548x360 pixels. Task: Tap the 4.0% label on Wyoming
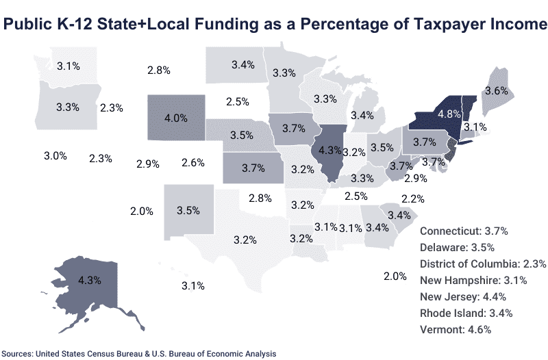pos(176,118)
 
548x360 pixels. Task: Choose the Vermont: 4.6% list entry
pos(455,330)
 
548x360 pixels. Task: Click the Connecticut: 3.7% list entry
pos(463,231)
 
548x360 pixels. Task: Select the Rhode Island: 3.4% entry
pos(466,313)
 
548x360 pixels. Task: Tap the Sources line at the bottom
pos(143,353)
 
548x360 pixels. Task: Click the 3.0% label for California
pos(55,156)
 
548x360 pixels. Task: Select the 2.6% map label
pos(193,162)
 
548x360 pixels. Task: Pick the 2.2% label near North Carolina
pos(413,198)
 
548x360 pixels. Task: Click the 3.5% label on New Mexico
pos(188,211)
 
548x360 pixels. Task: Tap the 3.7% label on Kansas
pos(253,166)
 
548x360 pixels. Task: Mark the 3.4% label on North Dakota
pos(243,65)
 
